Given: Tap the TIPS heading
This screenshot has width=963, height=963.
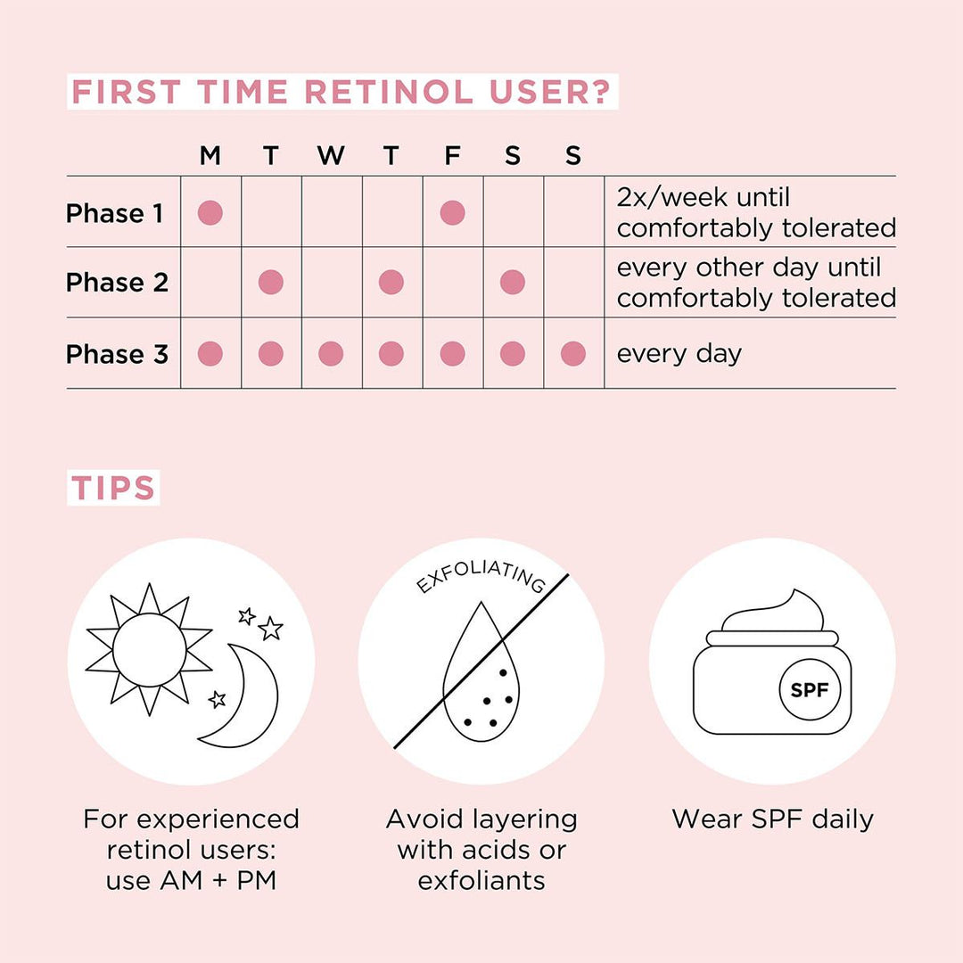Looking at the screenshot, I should coord(113,488).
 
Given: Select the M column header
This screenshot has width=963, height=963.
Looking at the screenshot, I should coord(210,156).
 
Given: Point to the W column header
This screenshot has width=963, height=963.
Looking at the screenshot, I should coord(331,156).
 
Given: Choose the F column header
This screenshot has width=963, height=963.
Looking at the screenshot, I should coord(452,156).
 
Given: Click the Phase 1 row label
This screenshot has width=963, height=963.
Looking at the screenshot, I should coord(115,213).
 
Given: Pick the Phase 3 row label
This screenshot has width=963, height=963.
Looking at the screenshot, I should coord(117,354).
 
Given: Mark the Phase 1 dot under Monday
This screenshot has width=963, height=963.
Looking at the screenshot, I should coord(210,213).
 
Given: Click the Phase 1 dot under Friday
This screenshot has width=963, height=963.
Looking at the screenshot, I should coord(452,213).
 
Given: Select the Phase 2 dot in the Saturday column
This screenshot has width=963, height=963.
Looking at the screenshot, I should coord(513,283).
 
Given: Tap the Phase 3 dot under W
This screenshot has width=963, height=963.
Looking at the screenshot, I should coord(331,354).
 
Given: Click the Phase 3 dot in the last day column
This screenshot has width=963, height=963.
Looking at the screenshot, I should coord(573,354).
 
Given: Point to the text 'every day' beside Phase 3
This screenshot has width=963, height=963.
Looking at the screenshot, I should coord(679,354).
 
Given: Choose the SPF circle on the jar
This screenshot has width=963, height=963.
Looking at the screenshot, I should coord(810,690).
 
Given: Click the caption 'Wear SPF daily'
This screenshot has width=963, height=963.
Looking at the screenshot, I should coord(772,819).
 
